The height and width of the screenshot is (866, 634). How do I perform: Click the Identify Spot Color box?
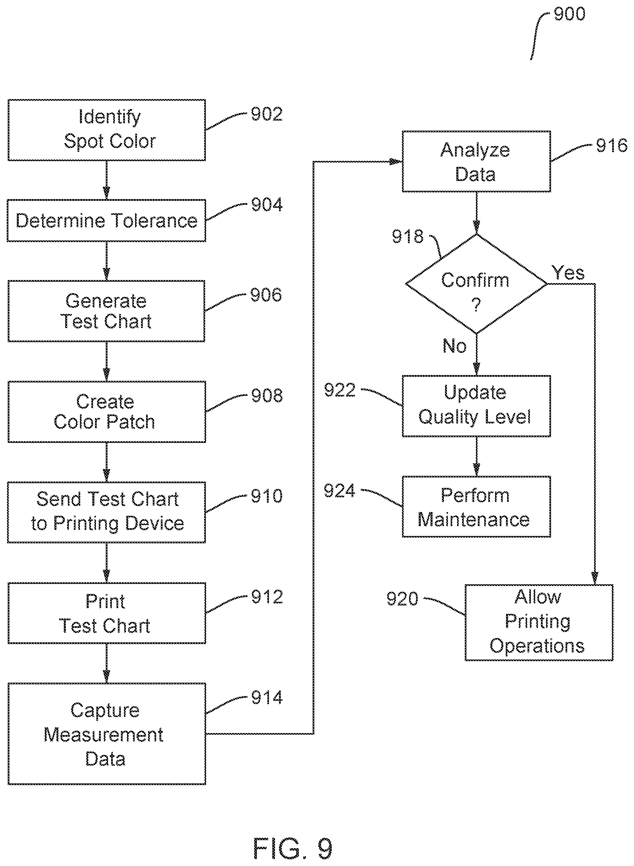pyautogui.click(x=107, y=130)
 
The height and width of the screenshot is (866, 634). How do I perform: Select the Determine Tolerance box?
pyautogui.click(x=107, y=221)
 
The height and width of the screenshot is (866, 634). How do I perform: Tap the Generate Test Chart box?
pyautogui.click(x=107, y=311)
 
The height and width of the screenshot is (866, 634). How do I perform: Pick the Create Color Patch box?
pyautogui.click(x=107, y=412)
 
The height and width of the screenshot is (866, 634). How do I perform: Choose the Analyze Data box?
pyautogui.click(x=476, y=162)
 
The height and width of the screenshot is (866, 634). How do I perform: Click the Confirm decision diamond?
pyautogui.click(x=476, y=284)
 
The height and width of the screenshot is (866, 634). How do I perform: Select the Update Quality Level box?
pyautogui.click(x=476, y=406)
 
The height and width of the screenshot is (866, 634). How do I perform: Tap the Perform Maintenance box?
pyautogui.click(x=476, y=507)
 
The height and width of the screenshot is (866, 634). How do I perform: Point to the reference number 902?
pyautogui.click(x=267, y=114)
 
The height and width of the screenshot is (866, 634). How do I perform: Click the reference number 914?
pyautogui.click(x=267, y=697)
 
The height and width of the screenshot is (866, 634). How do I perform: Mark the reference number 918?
pyautogui.click(x=408, y=236)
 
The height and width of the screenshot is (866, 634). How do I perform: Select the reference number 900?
pyautogui.click(x=570, y=14)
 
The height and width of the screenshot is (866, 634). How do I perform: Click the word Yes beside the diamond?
pyautogui.click(x=568, y=273)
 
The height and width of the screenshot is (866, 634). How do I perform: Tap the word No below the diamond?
pyautogui.click(x=454, y=346)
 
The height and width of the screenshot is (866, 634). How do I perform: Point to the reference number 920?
pyautogui.click(x=402, y=599)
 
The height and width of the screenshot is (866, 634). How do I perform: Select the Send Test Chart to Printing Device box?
pyautogui.click(x=107, y=512)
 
